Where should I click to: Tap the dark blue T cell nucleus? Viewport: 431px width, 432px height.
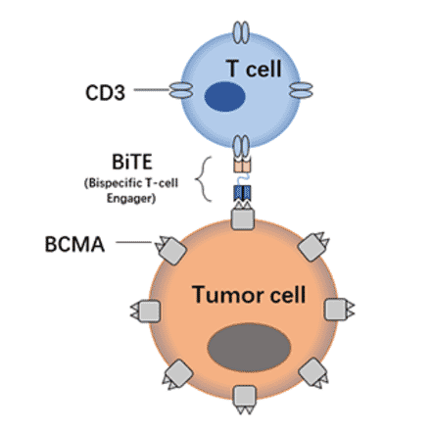point(224,96)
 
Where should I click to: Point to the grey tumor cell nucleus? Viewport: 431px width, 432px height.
point(251,352)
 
